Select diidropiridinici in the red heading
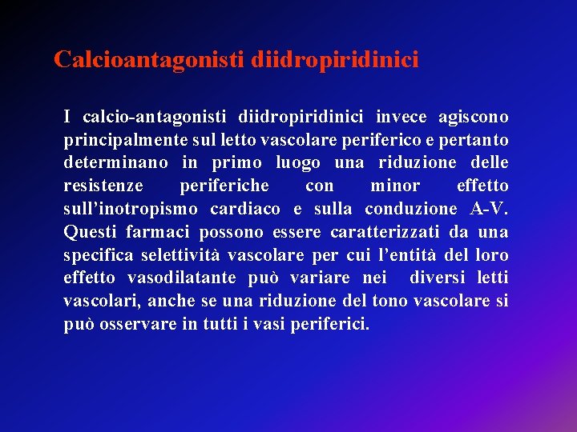(334, 60)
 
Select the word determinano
(116, 163)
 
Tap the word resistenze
(103, 186)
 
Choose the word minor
(395, 186)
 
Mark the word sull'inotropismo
(130, 210)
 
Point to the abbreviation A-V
(490, 210)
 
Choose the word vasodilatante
(185, 279)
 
